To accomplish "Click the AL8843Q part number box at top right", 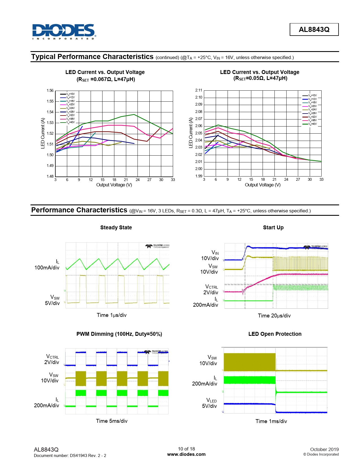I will point(314,30).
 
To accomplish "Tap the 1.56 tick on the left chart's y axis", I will point(50,91).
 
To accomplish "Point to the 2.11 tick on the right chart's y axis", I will point(198,90).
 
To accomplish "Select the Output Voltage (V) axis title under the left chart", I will point(114,185).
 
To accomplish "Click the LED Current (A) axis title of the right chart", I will point(191,133).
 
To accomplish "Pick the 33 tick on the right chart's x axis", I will point(321,180).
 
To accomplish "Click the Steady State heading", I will point(116,228).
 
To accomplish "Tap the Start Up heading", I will point(273,228).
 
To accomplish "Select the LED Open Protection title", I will point(275,334).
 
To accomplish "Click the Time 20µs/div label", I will point(274,316).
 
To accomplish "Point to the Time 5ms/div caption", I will point(112,421).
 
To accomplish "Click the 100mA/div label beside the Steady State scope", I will point(47,268).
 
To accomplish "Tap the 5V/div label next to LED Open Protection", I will point(209,406).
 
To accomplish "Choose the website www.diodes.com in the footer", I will point(186,454).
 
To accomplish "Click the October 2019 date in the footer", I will point(324,449).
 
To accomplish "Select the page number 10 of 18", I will point(186,449).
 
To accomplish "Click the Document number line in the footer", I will point(70,456).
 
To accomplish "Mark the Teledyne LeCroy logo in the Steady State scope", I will point(157,246).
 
